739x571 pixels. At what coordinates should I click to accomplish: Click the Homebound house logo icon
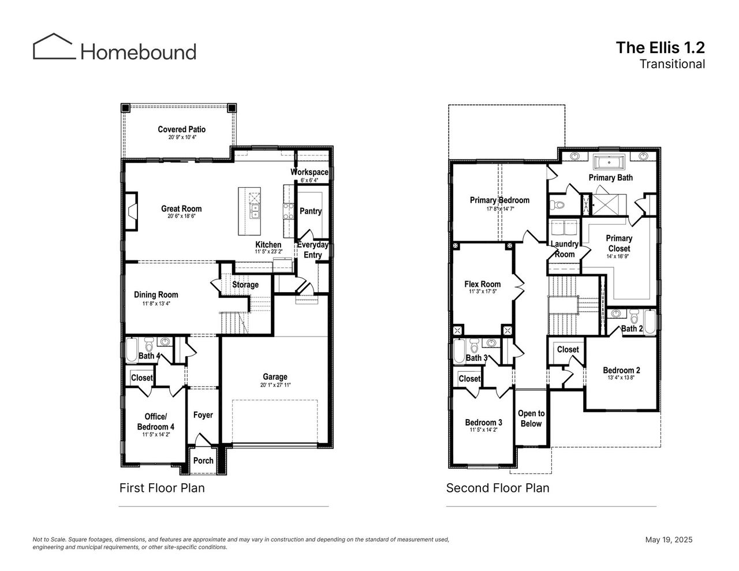pyautogui.click(x=54, y=46)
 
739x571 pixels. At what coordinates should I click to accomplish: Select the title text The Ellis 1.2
pyautogui.click(x=660, y=47)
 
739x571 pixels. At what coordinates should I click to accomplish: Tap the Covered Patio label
pyautogui.click(x=182, y=129)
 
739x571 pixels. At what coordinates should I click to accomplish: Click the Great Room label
pyautogui.click(x=181, y=209)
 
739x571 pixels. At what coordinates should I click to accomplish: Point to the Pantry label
pyautogui.click(x=311, y=211)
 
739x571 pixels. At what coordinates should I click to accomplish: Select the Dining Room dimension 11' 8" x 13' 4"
pyautogui.click(x=156, y=304)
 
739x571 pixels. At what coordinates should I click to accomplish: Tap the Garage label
pyautogui.click(x=275, y=377)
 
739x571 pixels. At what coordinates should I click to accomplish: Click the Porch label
pyautogui.click(x=203, y=461)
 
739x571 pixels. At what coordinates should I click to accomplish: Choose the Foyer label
pyautogui.click(x=203, y=415)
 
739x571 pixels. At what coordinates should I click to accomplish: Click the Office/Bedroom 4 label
pyautogui.click(x=156, y=421)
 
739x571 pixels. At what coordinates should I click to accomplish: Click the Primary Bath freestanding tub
pyautogui.click(x=609, y=161)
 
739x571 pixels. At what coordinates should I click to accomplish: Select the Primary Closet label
pyautogui.click(x=619, y=243)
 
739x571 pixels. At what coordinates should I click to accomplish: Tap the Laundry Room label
pyautogui.click(x=564, y=249)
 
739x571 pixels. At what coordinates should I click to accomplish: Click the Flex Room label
pyautogui.click(x=483, y=284)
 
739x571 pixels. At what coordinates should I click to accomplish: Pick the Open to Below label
pyautogui.click(x=531, y=419)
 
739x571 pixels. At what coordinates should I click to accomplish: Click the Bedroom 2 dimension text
pyautogui.click(x=621, y=378)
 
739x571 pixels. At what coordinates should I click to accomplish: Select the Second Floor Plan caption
pyautogui.click(x=498, y=488)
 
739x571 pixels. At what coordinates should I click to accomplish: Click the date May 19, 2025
pyautogui.click(x=669, y=540)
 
